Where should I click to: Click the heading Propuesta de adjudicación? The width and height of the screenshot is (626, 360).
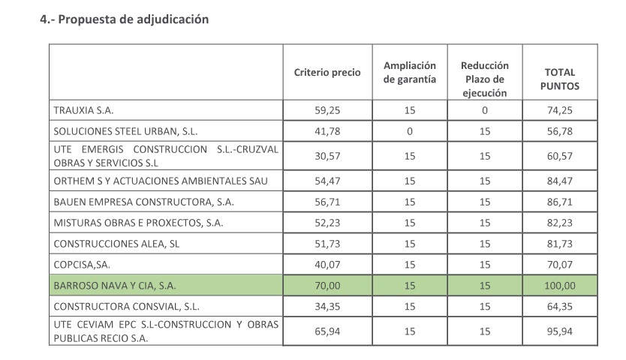pos(124,19)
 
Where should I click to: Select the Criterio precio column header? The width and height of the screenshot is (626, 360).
pos(327,73)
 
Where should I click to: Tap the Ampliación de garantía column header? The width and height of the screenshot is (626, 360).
pos(410,73)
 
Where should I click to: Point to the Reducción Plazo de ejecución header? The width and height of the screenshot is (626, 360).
pos(485,79)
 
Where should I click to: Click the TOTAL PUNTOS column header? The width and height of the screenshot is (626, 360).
pos(560,79)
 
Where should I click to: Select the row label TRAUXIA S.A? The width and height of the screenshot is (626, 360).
pos(83,110)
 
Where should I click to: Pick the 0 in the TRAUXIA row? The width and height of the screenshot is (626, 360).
pos(485,110)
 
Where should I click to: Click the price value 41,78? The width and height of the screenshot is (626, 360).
pos(327,130)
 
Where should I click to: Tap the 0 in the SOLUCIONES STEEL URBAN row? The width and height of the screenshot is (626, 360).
pos(410,130)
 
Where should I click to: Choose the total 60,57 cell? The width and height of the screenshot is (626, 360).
pos(560,156)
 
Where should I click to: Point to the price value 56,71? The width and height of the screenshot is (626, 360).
pos(327,202)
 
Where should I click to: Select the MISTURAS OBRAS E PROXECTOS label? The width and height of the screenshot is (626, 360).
pos(139,223)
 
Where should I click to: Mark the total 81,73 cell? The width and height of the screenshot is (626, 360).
pos(560,244)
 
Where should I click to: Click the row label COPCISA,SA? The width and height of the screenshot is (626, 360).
pos(83,265)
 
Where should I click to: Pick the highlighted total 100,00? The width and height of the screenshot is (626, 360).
pos(560,286)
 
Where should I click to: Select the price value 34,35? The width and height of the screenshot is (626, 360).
pos(327,307)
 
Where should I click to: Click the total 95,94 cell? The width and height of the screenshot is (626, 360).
pos(560,331)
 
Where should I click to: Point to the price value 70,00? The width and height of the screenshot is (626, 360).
pos(327,286)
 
